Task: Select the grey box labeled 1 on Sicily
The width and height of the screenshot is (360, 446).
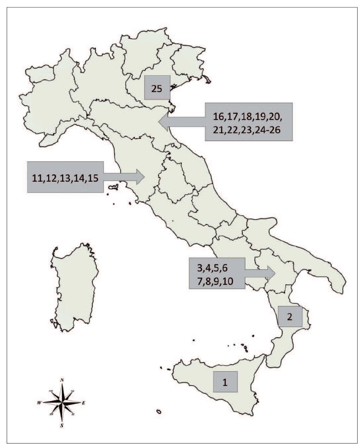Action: (x=225, y=382)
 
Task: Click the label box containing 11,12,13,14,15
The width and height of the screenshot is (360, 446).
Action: (x=65, y=177)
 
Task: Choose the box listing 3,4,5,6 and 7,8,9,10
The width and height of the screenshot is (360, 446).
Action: (x=217, y=273)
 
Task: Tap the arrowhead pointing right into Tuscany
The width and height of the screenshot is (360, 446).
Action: (x=140, y=177)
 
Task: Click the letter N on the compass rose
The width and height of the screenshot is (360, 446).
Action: (x=62, y=380)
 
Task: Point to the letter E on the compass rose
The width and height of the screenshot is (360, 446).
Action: (x=83, y=403)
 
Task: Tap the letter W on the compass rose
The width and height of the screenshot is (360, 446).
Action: (x=39, y=402)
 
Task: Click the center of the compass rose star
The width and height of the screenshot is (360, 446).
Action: (x=62, y=402)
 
